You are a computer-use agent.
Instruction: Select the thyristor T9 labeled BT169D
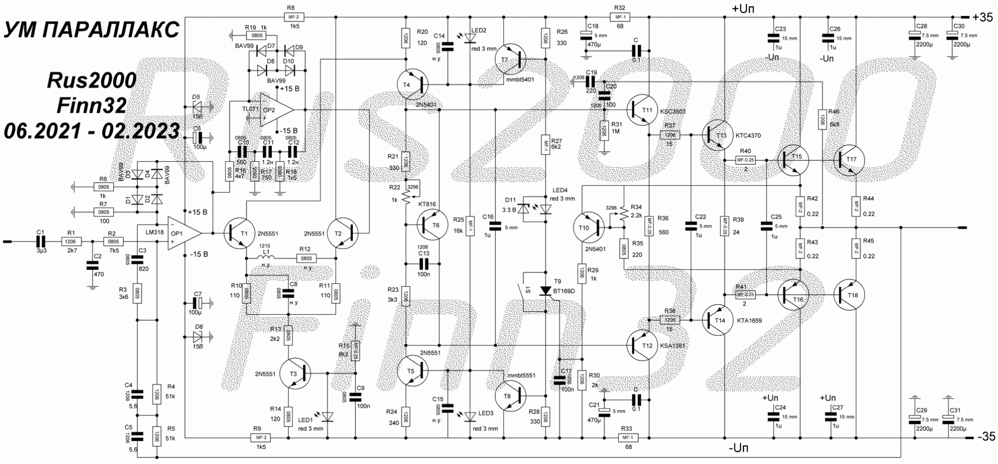[546, 291]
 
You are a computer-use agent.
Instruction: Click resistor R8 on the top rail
[291, 17]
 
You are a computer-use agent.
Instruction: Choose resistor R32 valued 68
[620, 17]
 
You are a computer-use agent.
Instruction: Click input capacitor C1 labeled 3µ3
[40, 241]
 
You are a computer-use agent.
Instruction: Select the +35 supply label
[983, 17]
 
